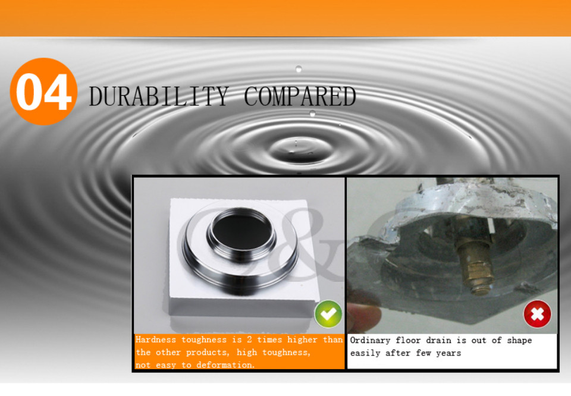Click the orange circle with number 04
point(43,92)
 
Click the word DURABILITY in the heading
point(159,96)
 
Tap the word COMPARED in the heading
point(300,96)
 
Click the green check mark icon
point(328,314)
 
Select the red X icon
point(537,314)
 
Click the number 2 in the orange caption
point(249,340)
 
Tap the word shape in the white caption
point(520,341)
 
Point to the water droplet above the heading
point(299,69)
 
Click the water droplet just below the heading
point(312,114)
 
